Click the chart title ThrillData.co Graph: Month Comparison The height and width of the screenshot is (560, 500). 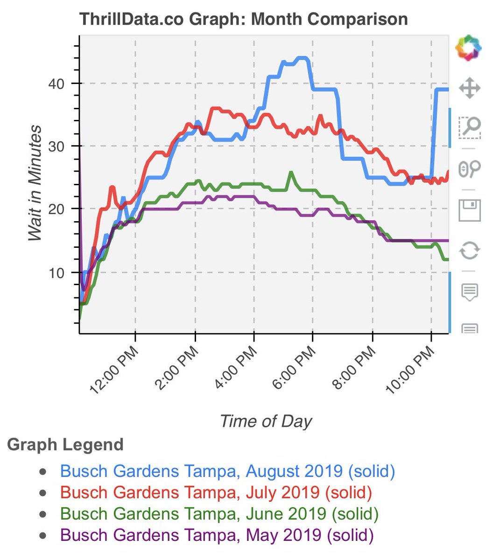(x=243, y=20)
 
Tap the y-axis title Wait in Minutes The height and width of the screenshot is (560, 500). (x=35, y=183)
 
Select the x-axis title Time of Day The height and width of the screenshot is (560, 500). (x=266, y=421)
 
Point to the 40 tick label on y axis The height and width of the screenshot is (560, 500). (x=56, y=84)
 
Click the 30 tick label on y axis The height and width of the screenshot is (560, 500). (x=56, y=147)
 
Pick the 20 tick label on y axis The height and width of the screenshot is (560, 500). (x=56, y=209)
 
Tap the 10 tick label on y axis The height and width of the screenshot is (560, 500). (x=56, y=273)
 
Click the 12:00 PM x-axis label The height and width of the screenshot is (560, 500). (x=114, y=371)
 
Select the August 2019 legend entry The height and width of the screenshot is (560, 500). (x=227, y=471)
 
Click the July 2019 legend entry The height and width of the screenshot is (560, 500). (x=216, y=493)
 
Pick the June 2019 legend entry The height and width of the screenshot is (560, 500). (x=219, y=514)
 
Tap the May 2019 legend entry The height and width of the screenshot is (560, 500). (x=217, y=535)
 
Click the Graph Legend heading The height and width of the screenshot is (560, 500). (x=65, y=445)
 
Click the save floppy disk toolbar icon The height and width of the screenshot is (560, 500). (x=469, y=210)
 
